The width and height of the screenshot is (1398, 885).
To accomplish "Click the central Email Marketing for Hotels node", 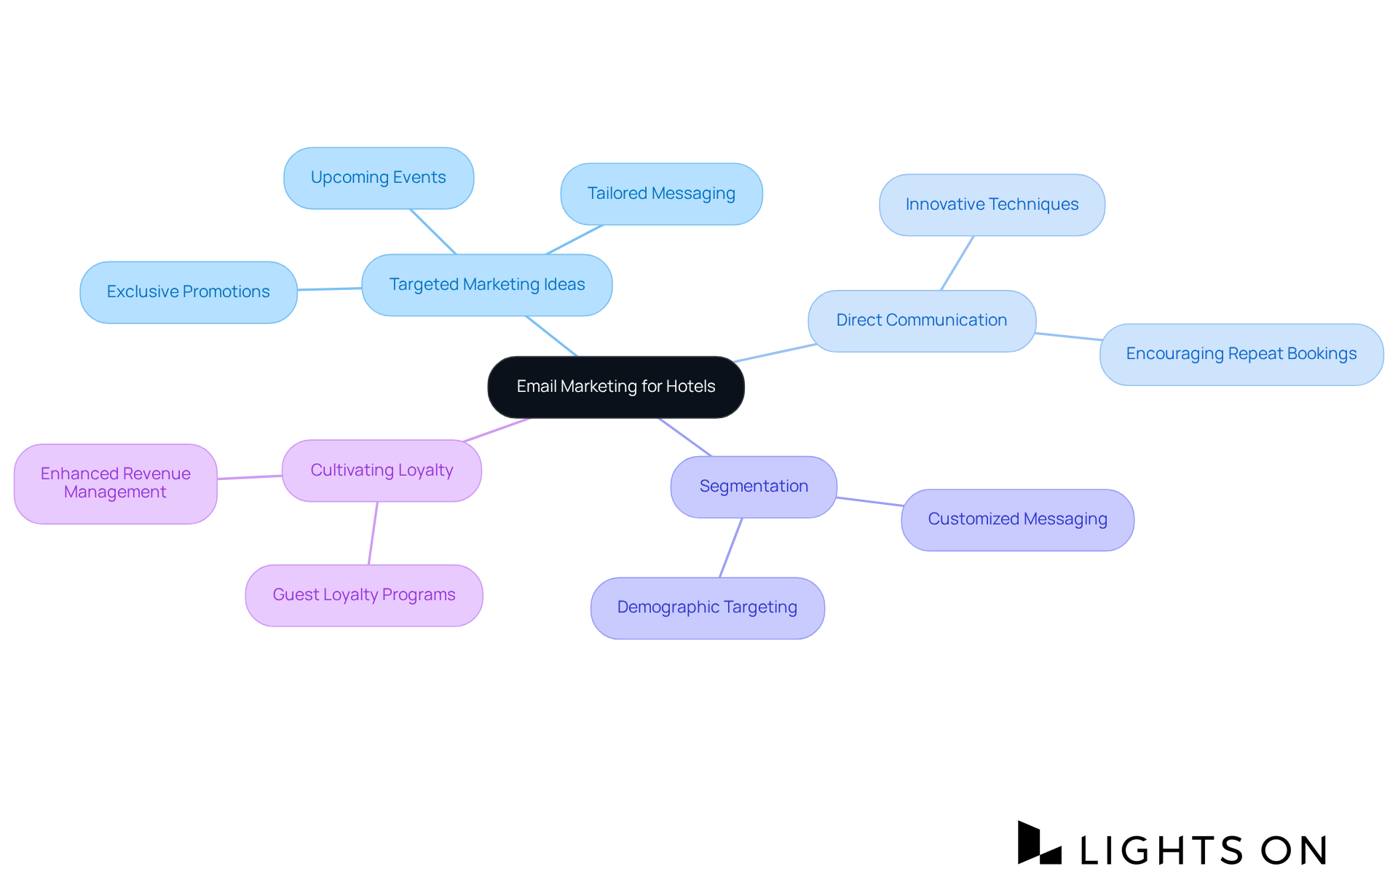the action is [x=616, y=387].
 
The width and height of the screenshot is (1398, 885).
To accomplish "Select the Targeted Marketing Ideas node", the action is [x=486, y=285].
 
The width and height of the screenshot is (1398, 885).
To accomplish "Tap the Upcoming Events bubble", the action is [x=379, y=178].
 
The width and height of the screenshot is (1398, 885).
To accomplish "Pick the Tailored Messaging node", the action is [x=661, y=194].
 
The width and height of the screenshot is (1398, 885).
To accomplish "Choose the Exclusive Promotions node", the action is [x=188, y=292].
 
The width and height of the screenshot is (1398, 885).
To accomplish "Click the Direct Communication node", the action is [x=921, y=320].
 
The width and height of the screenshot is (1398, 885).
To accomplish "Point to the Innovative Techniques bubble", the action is [x=992, y=205].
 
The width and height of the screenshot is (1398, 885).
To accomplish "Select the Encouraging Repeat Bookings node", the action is [x=1241, y=354].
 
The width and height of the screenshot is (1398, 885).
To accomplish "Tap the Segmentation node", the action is [x=754, y=487].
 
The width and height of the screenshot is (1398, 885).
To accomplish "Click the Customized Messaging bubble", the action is [x=1017, y=519].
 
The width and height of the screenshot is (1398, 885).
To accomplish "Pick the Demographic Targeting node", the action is [x=707, y=607].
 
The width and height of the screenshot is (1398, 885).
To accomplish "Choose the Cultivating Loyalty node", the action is [x=382, y=471].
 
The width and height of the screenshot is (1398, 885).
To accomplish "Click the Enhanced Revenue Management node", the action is [x=115, y=483].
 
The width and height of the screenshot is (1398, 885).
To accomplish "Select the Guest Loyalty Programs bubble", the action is [x=363, y=595].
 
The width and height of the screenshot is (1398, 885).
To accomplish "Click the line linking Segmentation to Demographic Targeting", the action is [x=730, y=548].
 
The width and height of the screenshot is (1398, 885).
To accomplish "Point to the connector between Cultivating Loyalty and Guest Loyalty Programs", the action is [x=373, y=533].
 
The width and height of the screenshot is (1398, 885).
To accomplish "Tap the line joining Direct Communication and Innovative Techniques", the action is [x=957, y=264].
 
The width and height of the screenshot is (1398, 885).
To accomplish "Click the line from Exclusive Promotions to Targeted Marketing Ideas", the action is [x=329, y=289].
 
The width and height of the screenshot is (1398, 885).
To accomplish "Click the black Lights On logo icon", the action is [x=1038, y=843].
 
